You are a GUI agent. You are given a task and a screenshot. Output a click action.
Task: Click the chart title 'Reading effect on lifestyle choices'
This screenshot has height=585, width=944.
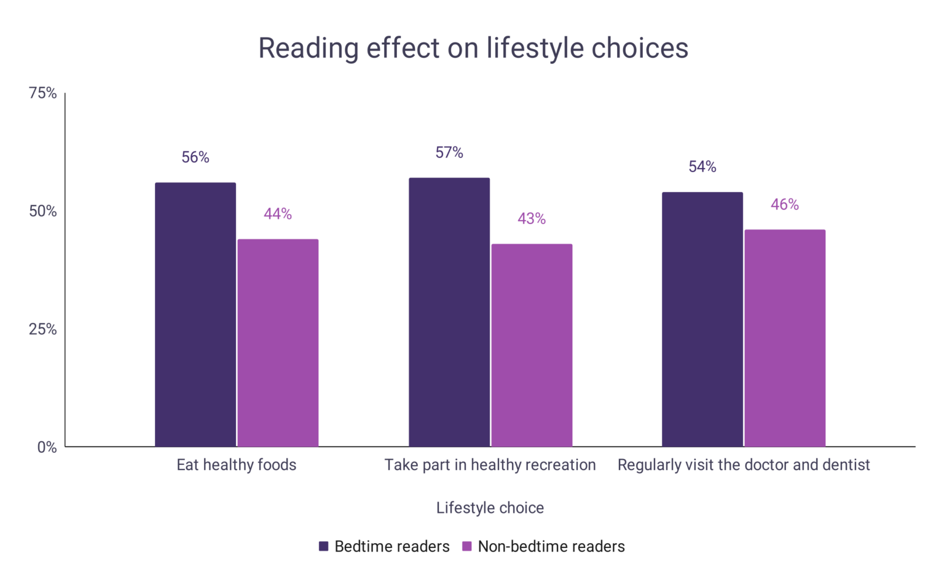pos(473,48)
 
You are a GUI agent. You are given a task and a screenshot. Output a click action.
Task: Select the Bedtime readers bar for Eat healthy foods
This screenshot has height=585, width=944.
pos(195,314)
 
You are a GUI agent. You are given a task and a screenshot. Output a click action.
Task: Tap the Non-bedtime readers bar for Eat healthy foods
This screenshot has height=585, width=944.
pos(278,343)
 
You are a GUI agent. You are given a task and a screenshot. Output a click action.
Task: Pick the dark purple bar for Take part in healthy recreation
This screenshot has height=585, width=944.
pos(449,312)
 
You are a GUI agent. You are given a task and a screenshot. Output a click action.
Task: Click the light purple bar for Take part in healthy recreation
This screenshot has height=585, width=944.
pos(532,345)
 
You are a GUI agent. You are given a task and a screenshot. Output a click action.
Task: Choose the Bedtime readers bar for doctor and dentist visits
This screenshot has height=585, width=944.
pos(702,319)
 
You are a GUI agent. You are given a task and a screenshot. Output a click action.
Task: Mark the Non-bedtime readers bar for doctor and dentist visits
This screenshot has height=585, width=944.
pos(785,338)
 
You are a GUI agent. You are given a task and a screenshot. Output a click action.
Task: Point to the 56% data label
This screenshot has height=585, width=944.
pos(195,157)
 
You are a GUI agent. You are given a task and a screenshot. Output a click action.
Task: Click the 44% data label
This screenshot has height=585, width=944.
pos(278,214)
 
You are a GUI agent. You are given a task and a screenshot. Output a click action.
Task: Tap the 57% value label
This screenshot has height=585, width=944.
pos(449,153)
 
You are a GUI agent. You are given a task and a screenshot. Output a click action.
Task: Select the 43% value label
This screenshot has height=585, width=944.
pos(532,219)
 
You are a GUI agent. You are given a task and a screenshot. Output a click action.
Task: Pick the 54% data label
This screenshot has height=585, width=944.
pos(702,167)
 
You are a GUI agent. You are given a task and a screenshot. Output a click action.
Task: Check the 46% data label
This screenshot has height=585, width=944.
pos(785,205)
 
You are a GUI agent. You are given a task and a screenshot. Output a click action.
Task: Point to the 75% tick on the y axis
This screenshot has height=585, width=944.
pos(42,93)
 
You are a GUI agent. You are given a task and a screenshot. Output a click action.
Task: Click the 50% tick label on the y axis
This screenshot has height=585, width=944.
pos(42,211)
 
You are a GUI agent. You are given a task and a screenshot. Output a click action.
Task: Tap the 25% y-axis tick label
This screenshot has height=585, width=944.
pos(42,329)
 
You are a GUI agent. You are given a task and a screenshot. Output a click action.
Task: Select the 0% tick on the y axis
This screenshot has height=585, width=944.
pos(47,447)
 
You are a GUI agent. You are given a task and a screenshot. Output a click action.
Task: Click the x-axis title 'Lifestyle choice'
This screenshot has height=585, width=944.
pos(490,507)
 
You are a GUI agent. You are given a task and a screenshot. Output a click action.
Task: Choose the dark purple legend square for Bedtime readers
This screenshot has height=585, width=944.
pos(324,546)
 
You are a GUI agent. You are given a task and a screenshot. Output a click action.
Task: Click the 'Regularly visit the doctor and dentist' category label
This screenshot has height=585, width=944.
pos(744,464)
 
